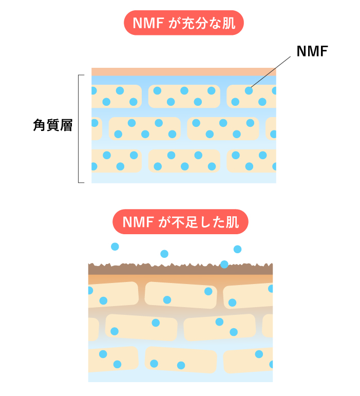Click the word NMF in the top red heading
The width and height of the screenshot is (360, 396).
(147, 23)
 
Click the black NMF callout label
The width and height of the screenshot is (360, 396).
(312, 51)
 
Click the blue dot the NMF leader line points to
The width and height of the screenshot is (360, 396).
(249, 90)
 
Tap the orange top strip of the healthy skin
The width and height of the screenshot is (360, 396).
(183, 72)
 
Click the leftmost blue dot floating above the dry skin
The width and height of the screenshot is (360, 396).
(115, 247)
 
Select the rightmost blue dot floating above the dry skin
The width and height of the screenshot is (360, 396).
(237, 249)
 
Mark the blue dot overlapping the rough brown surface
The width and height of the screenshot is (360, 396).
(224, 265)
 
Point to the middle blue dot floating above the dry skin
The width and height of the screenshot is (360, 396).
(164, 254)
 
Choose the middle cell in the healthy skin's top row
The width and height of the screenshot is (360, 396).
(184, 96)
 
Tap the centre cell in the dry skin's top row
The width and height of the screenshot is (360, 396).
(180, 295)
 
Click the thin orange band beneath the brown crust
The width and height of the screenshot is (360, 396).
(180, 279)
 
